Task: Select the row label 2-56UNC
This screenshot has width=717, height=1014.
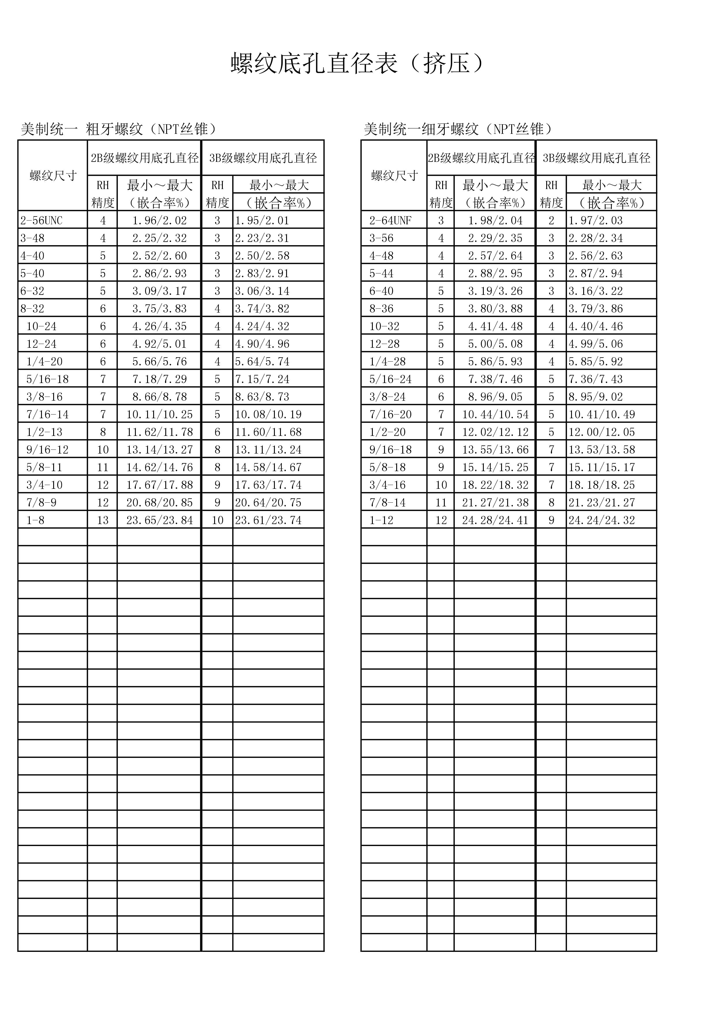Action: (42, 220)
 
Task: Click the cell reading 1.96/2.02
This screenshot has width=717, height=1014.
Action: (160, 220)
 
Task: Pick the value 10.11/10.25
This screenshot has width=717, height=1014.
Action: (160, 414)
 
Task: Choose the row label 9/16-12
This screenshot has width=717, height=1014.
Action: (47, 449)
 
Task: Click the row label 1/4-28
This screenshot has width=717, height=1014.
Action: (387, 362)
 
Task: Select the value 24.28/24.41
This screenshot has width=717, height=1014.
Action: (495, 520)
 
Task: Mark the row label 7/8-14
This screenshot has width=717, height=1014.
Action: (387, 503)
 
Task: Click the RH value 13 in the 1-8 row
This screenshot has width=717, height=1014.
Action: (102, 520)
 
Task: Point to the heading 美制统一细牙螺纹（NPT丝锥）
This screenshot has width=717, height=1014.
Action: (458, 129)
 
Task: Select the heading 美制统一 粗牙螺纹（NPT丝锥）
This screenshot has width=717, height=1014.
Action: (119, 129)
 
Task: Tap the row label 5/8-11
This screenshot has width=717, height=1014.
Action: (44, 467)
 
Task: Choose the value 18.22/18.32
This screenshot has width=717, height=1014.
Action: (495, 485)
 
